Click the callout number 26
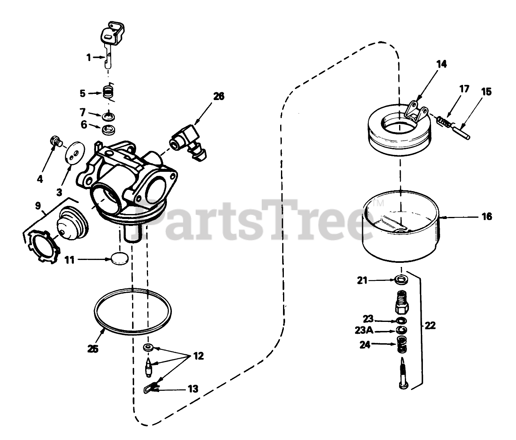(219, 96)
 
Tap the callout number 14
(441, 64)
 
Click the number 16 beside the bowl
(486, 216)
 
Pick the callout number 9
(38, 205)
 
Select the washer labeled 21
(401, 280)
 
